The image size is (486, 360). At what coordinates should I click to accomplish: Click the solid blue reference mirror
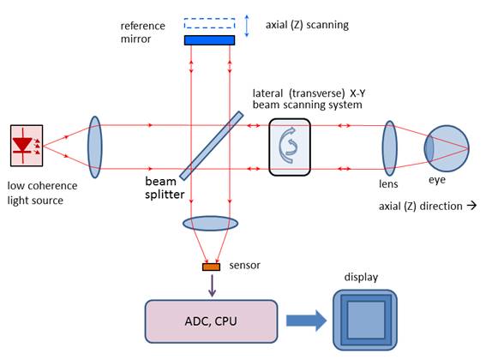tap(209, 40)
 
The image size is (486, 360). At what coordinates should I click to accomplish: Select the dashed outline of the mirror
tap(209, 19)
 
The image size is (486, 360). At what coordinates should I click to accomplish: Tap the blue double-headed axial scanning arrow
tap(247, 26)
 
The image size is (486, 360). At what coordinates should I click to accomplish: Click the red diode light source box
tap(27, 146)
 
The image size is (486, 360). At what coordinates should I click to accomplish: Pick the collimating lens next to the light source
tap(95, 147)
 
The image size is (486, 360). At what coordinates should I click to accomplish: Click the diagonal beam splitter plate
tap(212, 146)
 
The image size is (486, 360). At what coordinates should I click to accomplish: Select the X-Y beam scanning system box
tap(290, 147)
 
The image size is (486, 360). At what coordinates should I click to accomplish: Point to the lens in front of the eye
tap(390, 148)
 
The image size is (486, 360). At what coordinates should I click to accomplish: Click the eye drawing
tap(447, 148)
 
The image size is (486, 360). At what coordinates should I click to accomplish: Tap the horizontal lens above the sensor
tap(211, 223)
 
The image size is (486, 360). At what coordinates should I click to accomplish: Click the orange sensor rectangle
tap(212, 267)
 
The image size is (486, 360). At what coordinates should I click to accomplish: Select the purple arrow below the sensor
tap(212, 285)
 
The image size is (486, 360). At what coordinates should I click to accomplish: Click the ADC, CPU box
tap(212, 321)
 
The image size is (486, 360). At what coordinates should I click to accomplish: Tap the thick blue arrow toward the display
tap(306, 321)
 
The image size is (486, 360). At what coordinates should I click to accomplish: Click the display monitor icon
tap(365, 321)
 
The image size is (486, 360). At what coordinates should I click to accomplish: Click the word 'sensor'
tap(244, 266)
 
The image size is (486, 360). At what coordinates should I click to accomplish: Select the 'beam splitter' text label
tap(165, 188)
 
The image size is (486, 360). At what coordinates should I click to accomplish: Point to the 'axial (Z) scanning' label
tap(307, 25)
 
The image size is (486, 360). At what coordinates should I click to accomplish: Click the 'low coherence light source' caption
tap(42, 193)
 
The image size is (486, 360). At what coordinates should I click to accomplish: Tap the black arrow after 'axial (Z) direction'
tap(471, 206)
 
